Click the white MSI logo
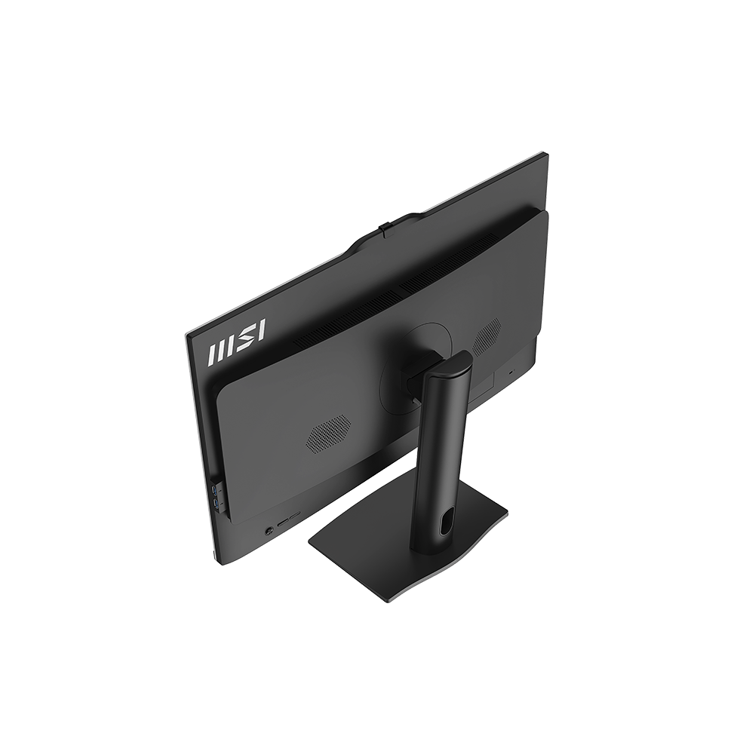[236, 342]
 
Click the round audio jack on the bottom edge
[269, 530]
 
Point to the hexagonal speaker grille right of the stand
[487, 336]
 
